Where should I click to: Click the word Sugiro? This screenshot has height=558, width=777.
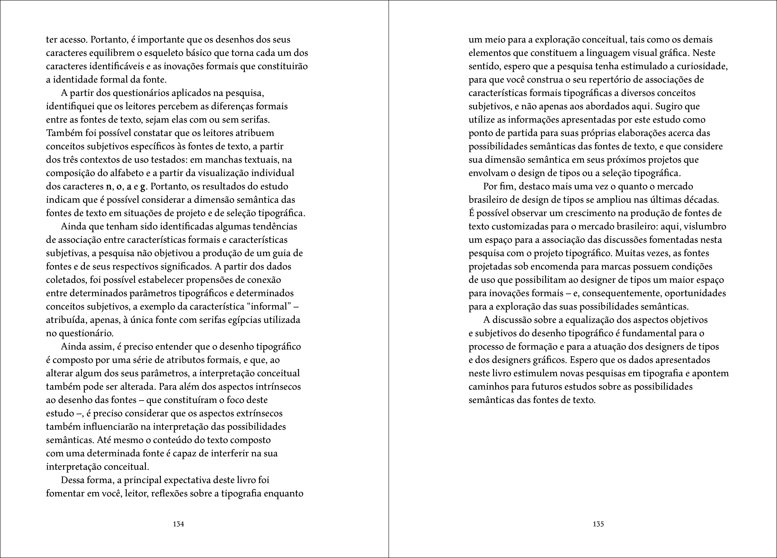668,106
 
